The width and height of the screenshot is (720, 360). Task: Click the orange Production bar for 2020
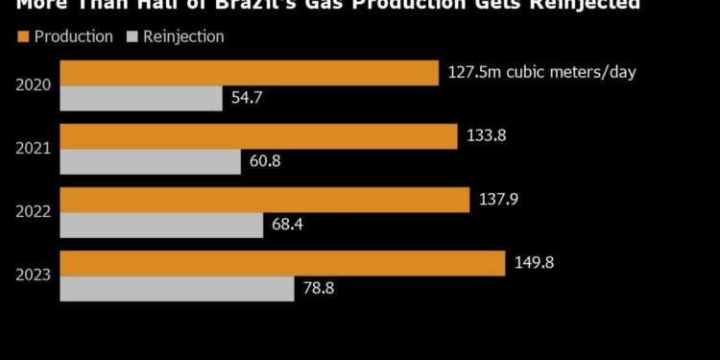(250, 73)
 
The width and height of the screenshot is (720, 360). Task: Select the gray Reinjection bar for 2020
(142, 98)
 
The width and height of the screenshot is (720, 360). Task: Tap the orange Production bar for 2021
(259, 136)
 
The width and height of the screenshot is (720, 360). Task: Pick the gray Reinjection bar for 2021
(151, 161)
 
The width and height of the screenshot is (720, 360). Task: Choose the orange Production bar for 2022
(265, 200)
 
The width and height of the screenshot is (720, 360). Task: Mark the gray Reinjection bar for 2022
(162, 225)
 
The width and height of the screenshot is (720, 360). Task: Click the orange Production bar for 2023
(282, 263)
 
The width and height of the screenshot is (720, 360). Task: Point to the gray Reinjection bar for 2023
(178, 288)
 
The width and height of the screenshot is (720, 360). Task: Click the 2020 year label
(33, 85)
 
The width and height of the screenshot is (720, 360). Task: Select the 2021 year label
(33, 149)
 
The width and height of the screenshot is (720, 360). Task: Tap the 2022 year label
(33, 212)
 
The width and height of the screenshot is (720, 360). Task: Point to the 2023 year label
(33, 276)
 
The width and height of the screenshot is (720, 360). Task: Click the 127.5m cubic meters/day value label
(542, 72)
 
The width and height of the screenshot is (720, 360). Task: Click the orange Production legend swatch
(23, 36)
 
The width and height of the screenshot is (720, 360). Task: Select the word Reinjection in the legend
(182, 36)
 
